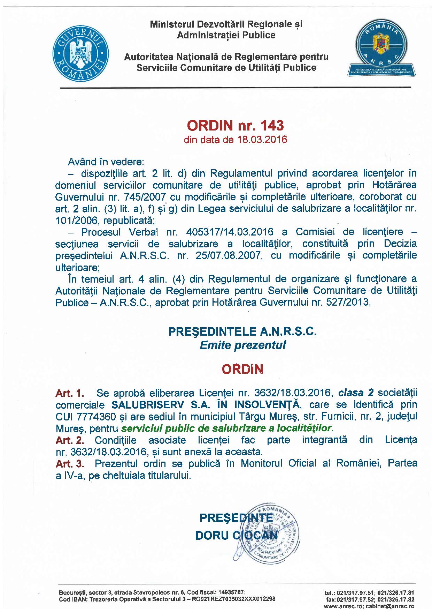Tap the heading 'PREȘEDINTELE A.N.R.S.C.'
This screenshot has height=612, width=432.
pyautogui.click(x=243, y=331)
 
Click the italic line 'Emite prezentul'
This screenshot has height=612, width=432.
pyautogui.click(x=242, y=345)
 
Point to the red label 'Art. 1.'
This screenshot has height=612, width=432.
pyautogui.click(x=70, y=393)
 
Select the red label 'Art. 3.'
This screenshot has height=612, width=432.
pyautogui.click(x=70, y=463)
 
